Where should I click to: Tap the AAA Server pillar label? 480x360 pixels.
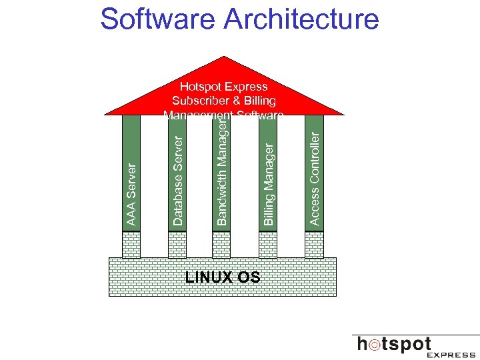[x=131, y=194]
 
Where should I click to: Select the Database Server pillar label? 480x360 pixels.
[x=177, y=179]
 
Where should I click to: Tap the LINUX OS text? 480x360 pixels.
[x=223, y=277]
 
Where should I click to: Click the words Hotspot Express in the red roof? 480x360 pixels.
[x=224, y=87]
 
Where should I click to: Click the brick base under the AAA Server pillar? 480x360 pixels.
[x=131, y=244]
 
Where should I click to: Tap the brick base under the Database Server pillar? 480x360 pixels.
[x=177, y=244]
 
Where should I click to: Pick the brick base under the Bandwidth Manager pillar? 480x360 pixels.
[x=222, y=244]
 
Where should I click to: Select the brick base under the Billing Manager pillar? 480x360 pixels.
[x=268, y=244]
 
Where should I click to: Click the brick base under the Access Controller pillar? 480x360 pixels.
[x=314, y=244]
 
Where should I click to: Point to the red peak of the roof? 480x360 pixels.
[x=224, y=61]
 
